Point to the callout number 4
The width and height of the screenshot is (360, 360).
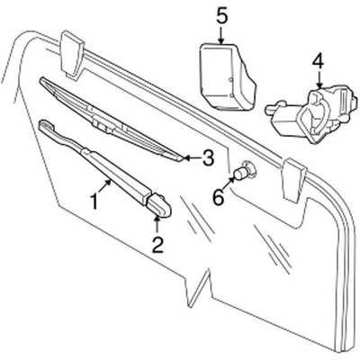click(x=317, y=62)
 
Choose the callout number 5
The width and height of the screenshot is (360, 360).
click(x=221, y=13)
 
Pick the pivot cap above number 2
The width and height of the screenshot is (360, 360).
click(x=159, y=208)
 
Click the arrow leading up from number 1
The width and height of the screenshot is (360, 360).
click(x=105, y=185)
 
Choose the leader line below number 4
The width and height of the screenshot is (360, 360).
click(x=317, y=79)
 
